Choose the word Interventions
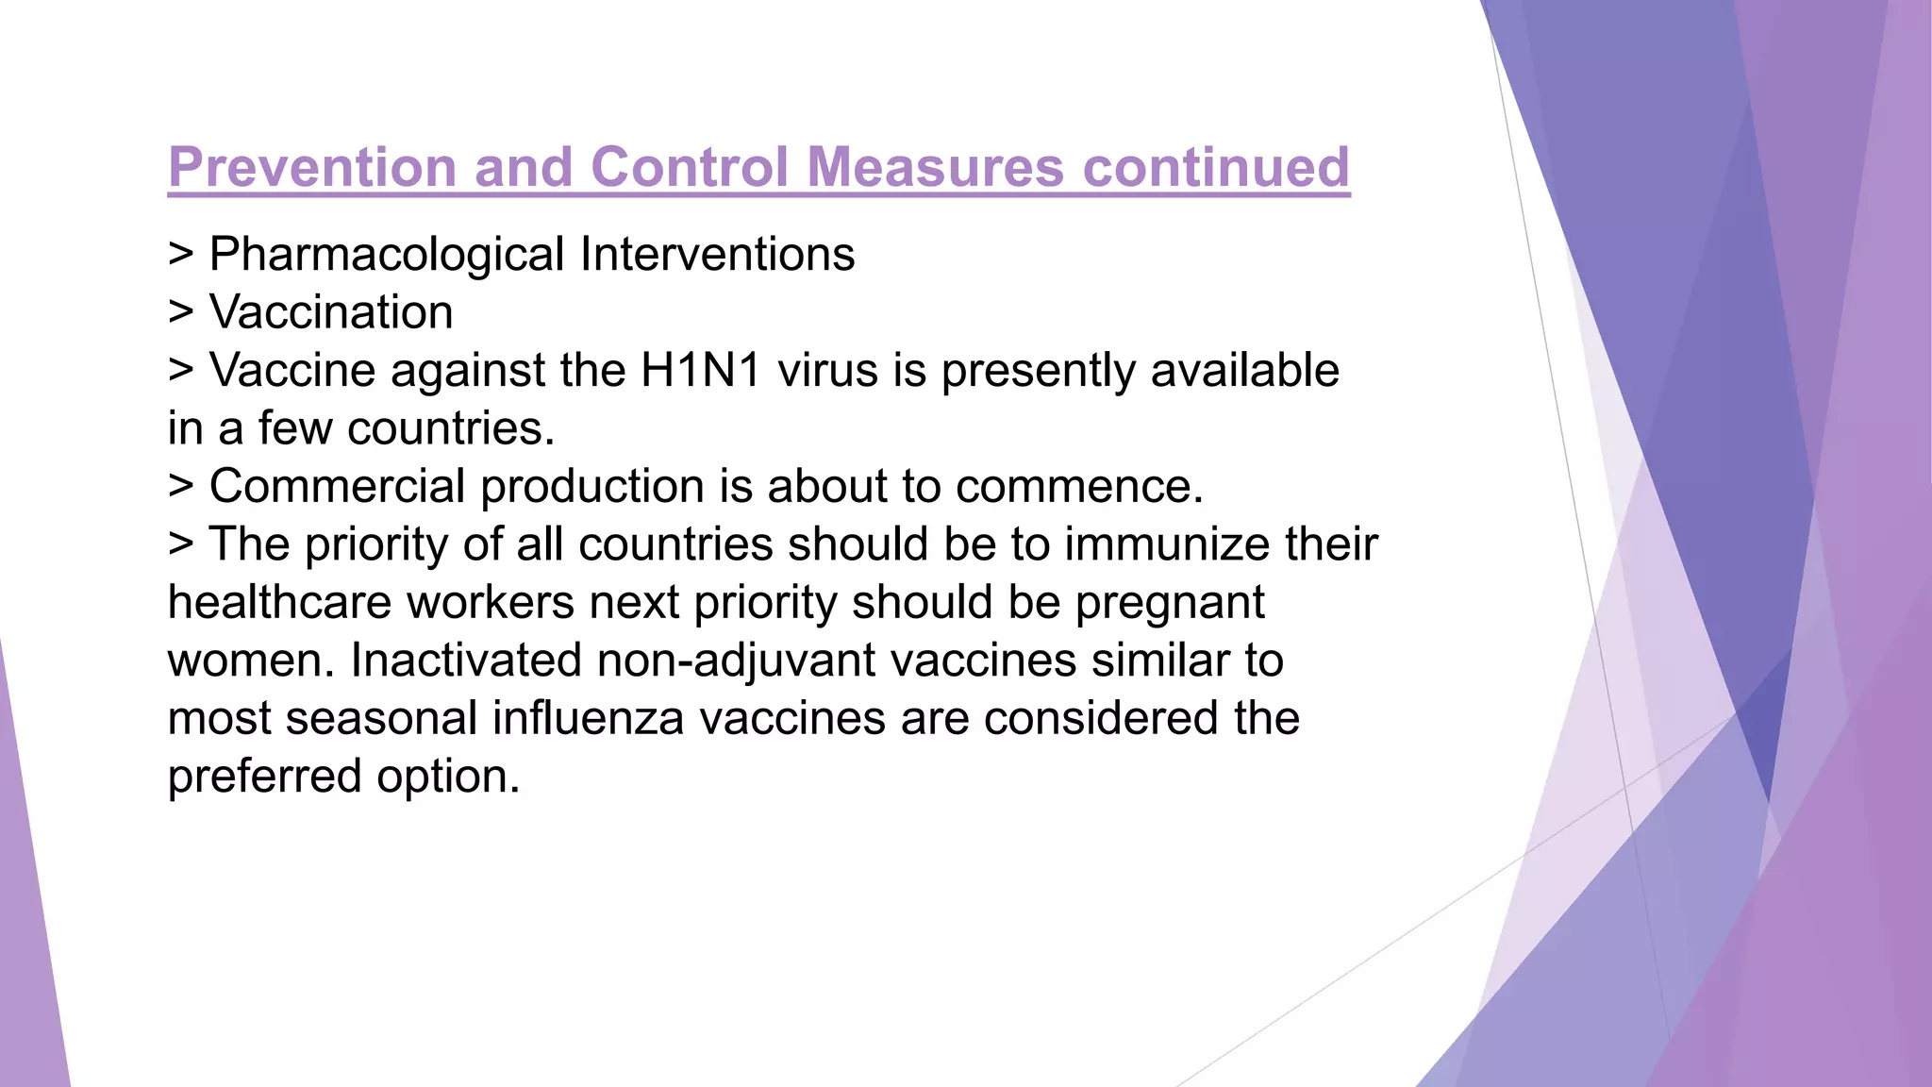pyautogui.click(x=717, y=255)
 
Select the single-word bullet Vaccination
pyautogui.click(x=331, y=312)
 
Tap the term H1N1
pyautogui.click(x=701, y=370)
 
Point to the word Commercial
pyautogui.click(x=338, y=487)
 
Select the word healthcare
pyautogui.click(x=279, y=603)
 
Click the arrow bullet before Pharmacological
pyautogui.click(x=180, y=256)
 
